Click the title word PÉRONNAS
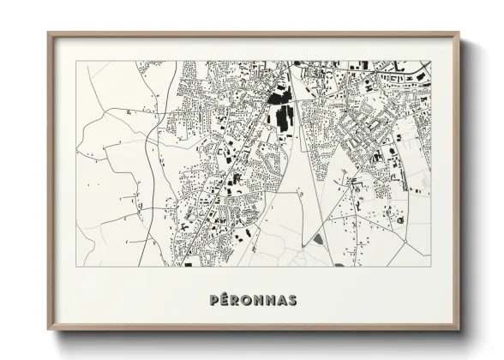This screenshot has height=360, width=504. pyautogui.click(x=253, y=300)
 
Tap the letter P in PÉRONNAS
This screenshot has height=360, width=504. pyautogui.click(x=214, y=300)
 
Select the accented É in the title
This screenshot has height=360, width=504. pyautogui.click(x=225, y=300)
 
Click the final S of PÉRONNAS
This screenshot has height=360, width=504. pyautogui.click(x=292, y=300)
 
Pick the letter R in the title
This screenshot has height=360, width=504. pyautogui.click(x=237, y=300)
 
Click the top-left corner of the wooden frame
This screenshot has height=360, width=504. pyautogui.click(x=49, y=33)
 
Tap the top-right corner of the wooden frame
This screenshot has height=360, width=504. pyautogui.click(x=459, y=33)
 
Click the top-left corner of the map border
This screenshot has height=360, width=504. pyautogui.click(x=76, y=61)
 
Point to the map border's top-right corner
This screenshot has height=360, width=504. pyautogui.click(x=431, y=61)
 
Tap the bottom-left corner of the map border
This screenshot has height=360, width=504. pyautogui.click(x=76, y=267)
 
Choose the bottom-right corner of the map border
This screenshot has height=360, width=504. pyautogui.click(x=431, y=267)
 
